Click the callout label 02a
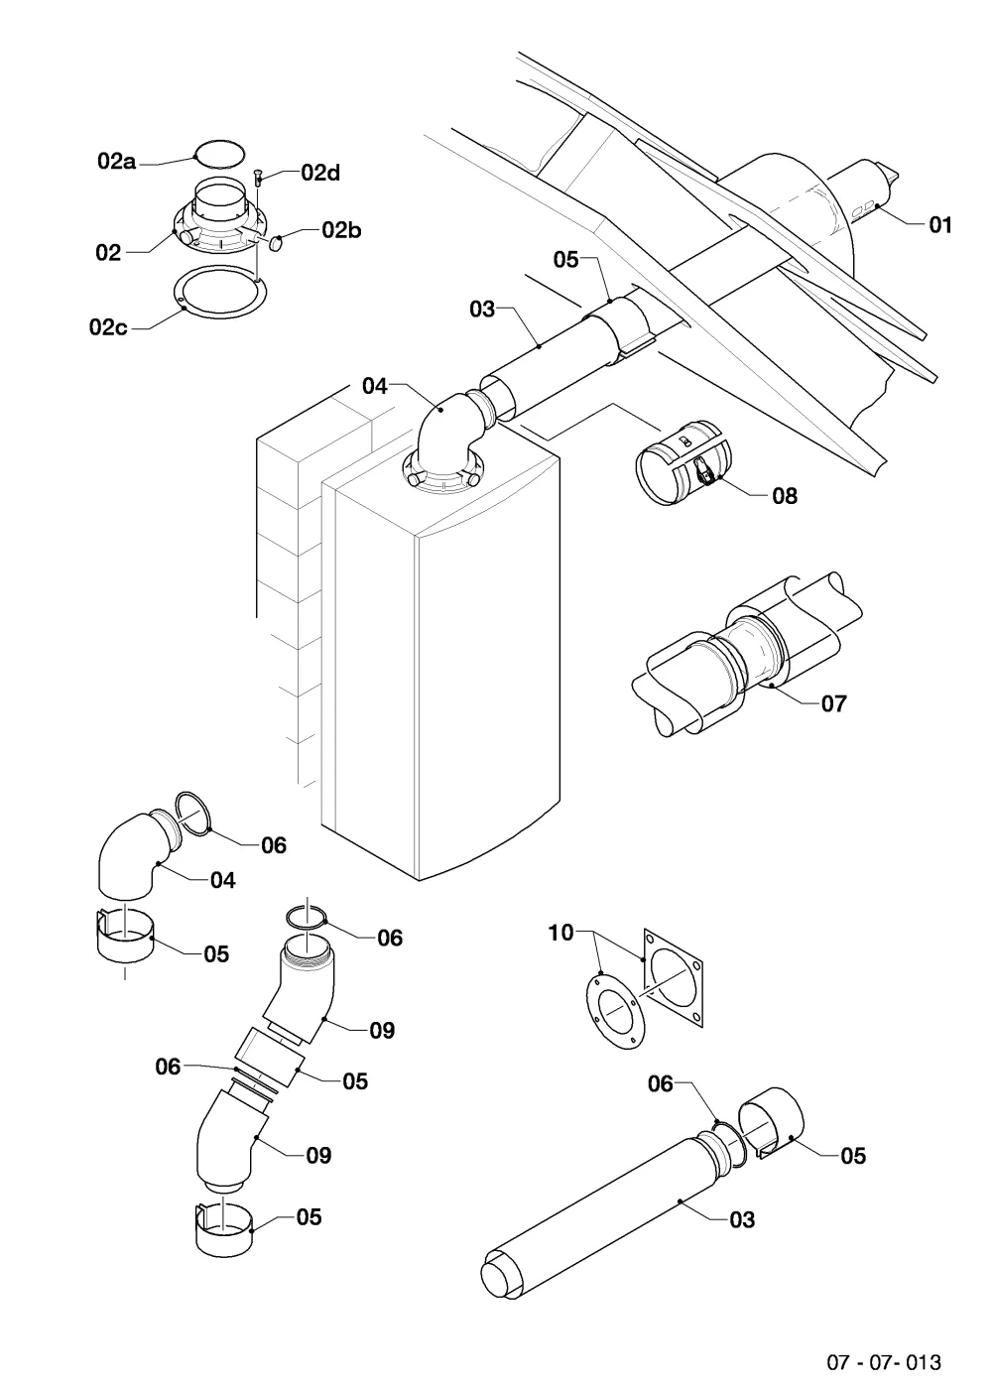pyautogui.click(x=116, y=162)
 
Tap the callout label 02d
pyautogui.click(x=321, y=173)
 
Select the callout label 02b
pyautogui.click(x=341, y=230)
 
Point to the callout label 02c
pyautogui.click(x=108, y=326)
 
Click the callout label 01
pyautogui.click(x=940, y=224)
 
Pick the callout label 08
pyautogui.click(x=785, y=496)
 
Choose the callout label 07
pyautogui.click(x=834, y=703)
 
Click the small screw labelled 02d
pyautogui.click(x=258, y=178)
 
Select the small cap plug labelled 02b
pyautogui.click(x=276, y=243)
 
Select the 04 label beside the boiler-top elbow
pyautogui.click(x=375, y=386)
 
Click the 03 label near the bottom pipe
pyautogui.click(x=742, y=1219)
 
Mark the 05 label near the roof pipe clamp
pyautogui.click(x=565, y=260)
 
